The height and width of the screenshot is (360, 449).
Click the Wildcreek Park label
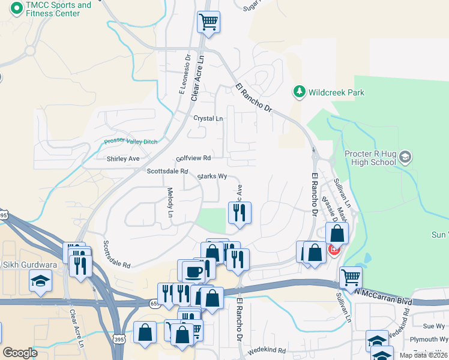(x=336, y=92)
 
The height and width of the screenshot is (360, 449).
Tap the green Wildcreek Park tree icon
(x=299, y=92)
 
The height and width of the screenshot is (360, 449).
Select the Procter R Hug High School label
(x=370, y=158)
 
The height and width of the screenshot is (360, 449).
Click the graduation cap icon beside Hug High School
(x=405, y=158)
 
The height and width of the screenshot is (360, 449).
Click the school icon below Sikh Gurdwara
(x=40, y=280)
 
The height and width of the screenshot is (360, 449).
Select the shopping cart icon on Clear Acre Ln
(x=208, y=22)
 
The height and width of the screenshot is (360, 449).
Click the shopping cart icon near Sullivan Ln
(x=351, y=277)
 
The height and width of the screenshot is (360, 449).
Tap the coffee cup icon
(x=193, y=271)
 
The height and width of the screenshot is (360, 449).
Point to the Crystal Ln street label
(x=208, y=118)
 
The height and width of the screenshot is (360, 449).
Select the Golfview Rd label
(x=193, y=158)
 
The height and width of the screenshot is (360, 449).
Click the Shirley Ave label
(x=123, y=159)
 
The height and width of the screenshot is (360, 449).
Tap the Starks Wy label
(x=212, y=176)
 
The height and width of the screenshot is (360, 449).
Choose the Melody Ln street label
(x=170, y=203)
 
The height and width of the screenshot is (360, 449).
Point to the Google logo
(x=20, y=353)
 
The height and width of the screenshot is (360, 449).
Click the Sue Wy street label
(x=433, y=326)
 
